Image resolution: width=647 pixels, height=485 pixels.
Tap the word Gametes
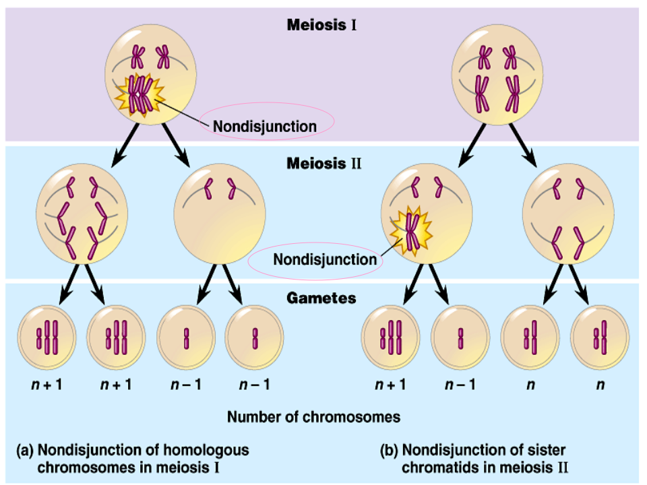tap(322, 297)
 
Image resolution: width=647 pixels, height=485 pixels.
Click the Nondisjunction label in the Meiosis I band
tap(264, 126)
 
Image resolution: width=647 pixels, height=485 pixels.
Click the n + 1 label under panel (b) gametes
tap(392, 385)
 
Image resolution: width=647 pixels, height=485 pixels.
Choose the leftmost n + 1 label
tap(47, 385)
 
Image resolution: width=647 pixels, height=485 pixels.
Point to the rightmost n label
tap(600, 385)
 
